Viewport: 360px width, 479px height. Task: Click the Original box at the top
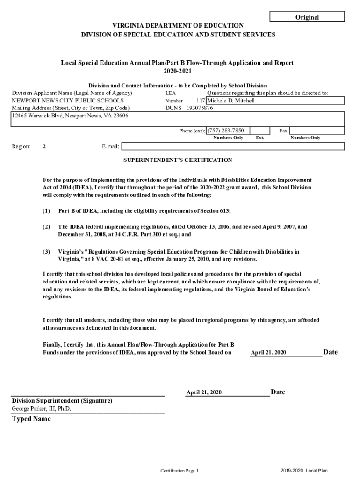click(x=307, y=17)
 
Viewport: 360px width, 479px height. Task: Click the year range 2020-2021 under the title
click(x=177, y=71)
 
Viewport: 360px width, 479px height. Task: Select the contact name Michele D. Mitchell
click(x=231, y=101)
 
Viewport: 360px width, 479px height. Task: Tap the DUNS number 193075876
click(x=200, y=108)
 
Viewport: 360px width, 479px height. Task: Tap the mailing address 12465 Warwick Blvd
click(x=70, y=116)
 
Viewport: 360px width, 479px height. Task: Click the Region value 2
click(x=44, y=146)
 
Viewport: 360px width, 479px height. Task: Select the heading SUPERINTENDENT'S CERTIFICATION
click(x=178, y=160)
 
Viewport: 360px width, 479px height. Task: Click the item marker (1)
click(x=46, y=211)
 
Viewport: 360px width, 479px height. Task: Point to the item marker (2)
click(x=46, y=227)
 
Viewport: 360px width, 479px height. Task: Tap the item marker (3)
click(x=46, y=252)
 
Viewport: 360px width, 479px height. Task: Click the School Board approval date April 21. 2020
click(x=268, y=353)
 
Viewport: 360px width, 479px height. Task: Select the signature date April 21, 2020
click(x=204, y=392)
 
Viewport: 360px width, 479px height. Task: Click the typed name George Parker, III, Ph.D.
click(x=42, y=409)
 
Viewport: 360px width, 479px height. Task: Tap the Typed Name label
click(x=31, y=419)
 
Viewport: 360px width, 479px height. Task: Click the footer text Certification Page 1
click(x=180, y=470)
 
